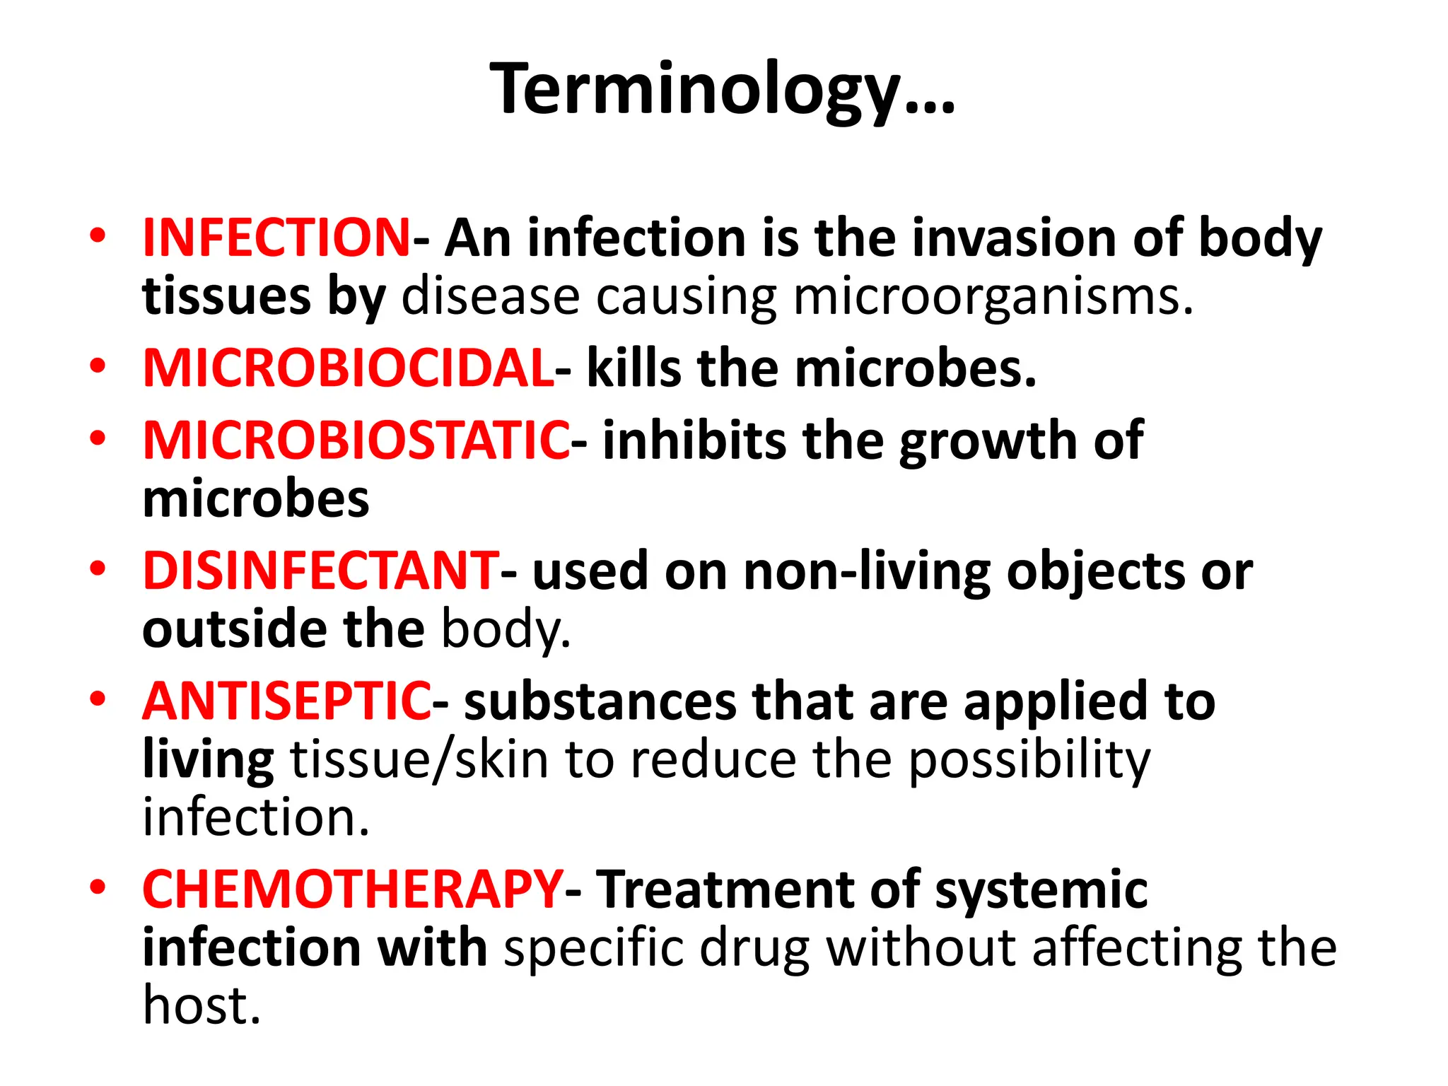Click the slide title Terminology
tap(723, 90)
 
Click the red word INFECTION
tap(276, 238)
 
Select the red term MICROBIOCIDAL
tap(348, 368)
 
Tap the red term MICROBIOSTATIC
tap(356, 440)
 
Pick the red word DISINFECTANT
tap(320, 571)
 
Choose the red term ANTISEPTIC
tap(286, 701)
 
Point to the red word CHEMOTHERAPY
tap(352, 889)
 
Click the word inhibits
tap(694, 440)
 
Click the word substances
tap(600, 701)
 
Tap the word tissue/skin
tap(420, 760)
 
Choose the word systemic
tap(1041, 891)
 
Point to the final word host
tap(202, 1005)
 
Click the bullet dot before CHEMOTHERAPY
tap(98, 887)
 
